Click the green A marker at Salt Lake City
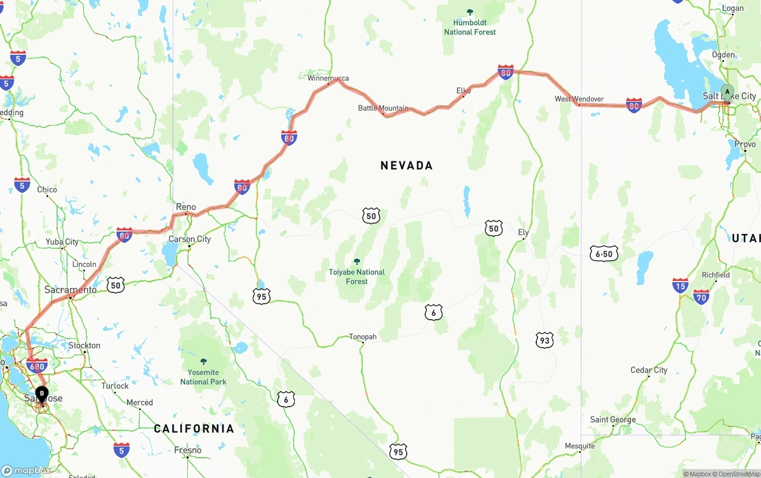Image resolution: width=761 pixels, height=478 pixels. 727,92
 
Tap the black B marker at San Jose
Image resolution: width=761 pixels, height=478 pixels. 42,393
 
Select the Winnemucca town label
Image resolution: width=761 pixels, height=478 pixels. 328,78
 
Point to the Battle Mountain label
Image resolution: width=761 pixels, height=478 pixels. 383,108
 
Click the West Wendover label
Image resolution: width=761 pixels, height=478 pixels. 579,99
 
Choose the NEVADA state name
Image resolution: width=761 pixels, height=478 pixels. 407,165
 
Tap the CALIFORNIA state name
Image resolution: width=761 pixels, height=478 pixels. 194,429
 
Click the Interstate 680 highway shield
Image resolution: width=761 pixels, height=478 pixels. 37,365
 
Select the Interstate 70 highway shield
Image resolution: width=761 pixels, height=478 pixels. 702,297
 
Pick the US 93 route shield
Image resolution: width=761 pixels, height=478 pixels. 544,340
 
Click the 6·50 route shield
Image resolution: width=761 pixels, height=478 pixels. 604,254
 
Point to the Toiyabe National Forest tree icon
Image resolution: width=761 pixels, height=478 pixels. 357,261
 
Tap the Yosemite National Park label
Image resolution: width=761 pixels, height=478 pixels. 203,377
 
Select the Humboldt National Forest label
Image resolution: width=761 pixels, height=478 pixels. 470,27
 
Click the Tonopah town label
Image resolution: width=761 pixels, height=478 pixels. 363,337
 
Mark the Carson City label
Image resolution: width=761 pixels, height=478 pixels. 190,239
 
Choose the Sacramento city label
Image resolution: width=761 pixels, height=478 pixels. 70,290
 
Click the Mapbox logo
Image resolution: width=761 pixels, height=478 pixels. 26,470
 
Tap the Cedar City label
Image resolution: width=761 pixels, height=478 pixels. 649,370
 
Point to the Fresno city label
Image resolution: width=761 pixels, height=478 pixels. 188,450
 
